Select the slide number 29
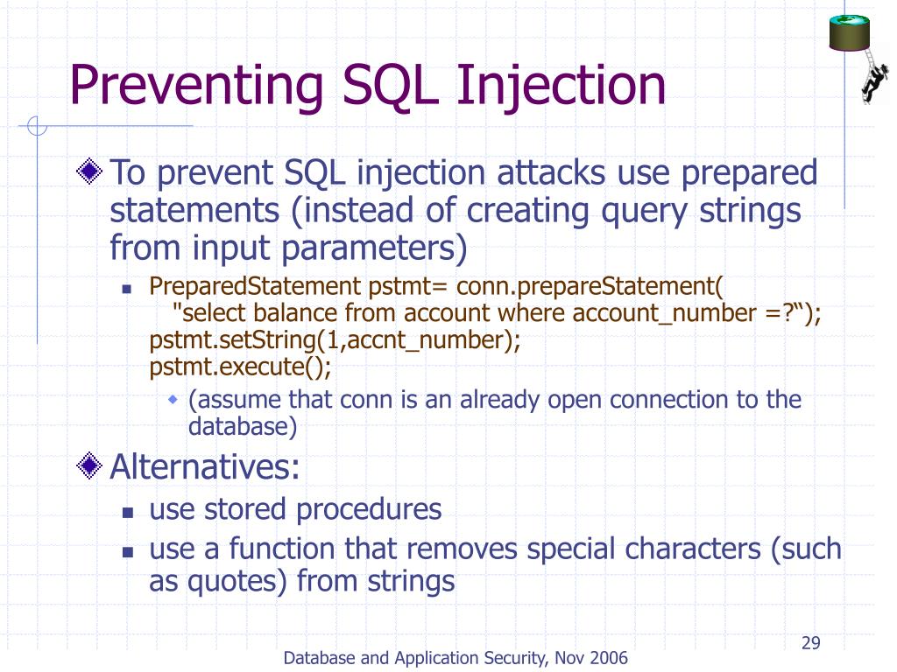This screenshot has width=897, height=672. tap(810, 645)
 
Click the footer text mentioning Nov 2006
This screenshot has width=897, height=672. tap(456, 658)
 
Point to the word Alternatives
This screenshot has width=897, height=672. tap(205, 467)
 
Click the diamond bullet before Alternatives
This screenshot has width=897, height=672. tap(90, 467)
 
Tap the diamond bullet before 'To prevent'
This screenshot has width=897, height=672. tap(90, 172)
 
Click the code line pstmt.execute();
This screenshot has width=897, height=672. tap(241, 367)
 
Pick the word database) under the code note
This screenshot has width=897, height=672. tap(243, 428)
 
